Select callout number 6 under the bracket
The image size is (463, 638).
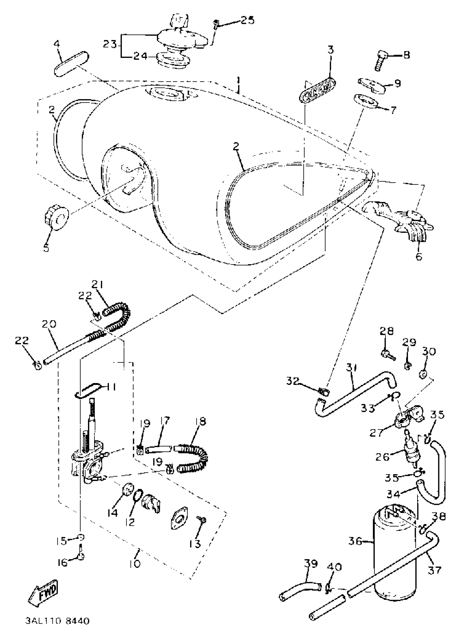419,256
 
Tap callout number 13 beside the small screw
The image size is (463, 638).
195,544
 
